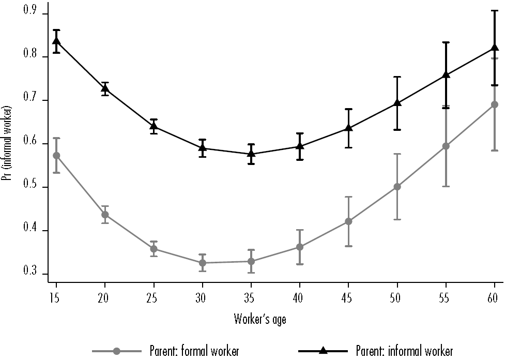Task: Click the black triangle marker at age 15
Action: click(x=56, y=41)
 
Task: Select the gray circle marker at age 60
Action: click(x=495, y=104)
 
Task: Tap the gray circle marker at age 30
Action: click(x=203, y=263)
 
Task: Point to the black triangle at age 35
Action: click(x=251, y=153)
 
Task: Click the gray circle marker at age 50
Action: click(x=397, y=187)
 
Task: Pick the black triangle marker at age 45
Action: click(x=349, y=127)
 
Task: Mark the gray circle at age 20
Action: click(x=105, y=215)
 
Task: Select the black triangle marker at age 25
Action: click(x=154, y=126)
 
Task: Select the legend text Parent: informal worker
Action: click(x=405, y=351)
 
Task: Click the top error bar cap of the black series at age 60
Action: click(x=495, y=10)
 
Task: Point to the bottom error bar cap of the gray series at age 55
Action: click(x=446, y=186)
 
